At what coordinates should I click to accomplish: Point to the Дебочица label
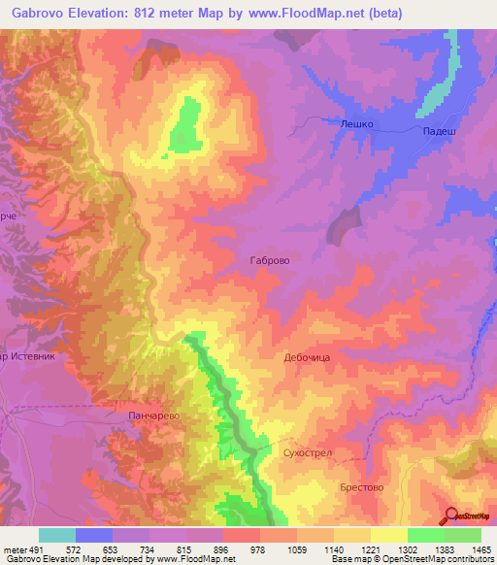(x=308, y=357)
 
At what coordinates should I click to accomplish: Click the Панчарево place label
(x=155, y=415)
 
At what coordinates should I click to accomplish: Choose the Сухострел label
(x=308, y=453)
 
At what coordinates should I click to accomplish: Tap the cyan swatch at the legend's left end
(x=57, y=535)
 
